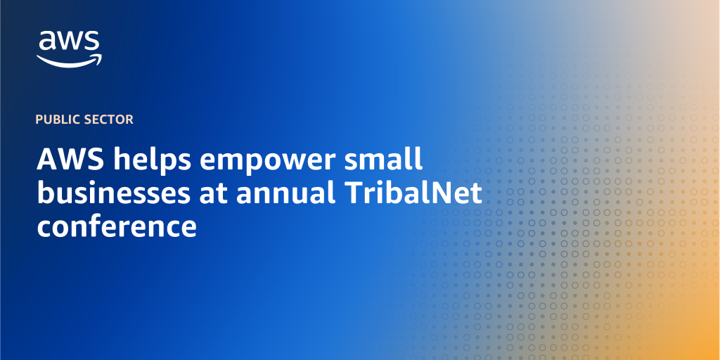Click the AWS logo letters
click(69, 41)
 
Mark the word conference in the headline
click(117, 227)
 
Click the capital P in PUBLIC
click(39, 120)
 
